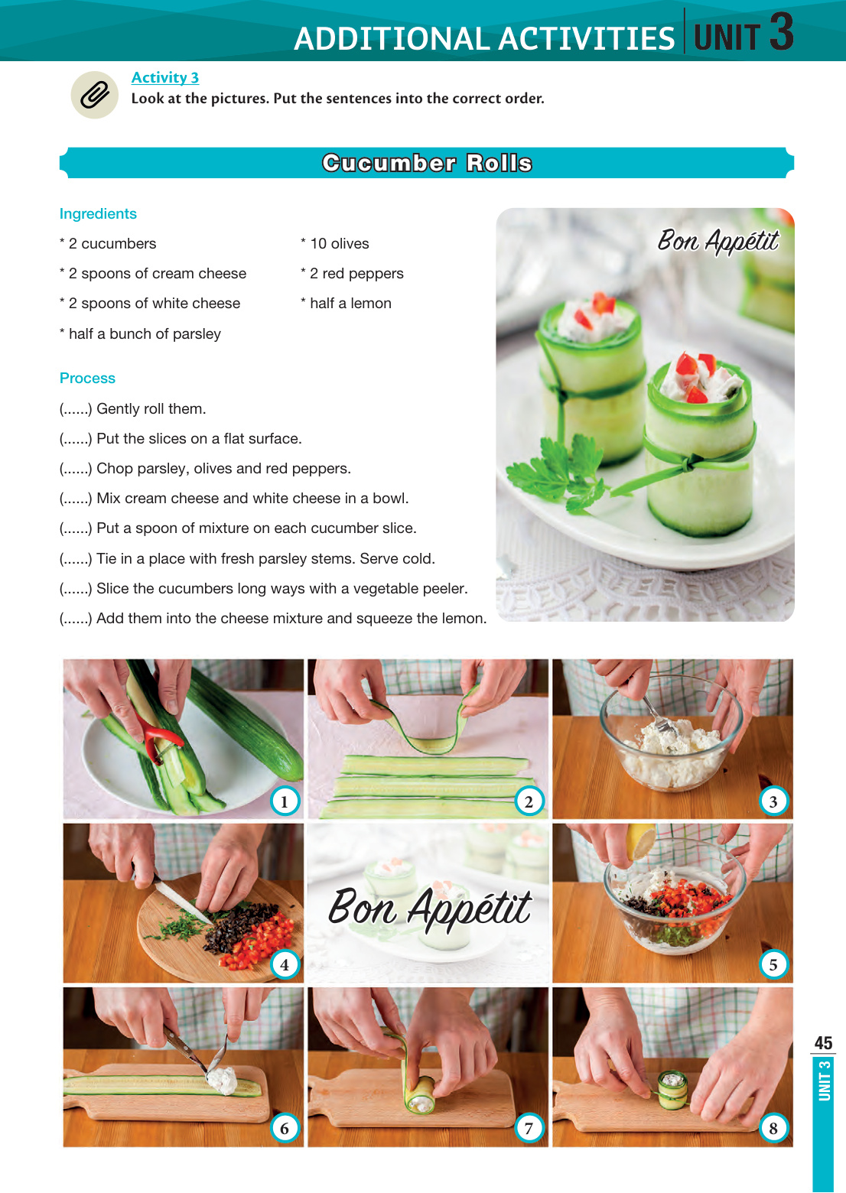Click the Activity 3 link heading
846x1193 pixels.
tap(165, 78)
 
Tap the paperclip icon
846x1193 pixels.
tap(95, 95)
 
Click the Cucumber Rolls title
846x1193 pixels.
tap(427, 163)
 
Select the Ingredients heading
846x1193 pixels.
tap(98, 213)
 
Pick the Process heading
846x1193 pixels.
tap(87, 378)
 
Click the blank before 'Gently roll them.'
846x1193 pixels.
tap(76, 409)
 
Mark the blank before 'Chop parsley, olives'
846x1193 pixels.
tap(76, 469)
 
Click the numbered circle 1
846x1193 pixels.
tap(284, 801)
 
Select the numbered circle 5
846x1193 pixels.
tap(773, 964)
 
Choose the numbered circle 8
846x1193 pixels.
tap(773, 1128)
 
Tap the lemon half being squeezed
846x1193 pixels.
tap(641, 841)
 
